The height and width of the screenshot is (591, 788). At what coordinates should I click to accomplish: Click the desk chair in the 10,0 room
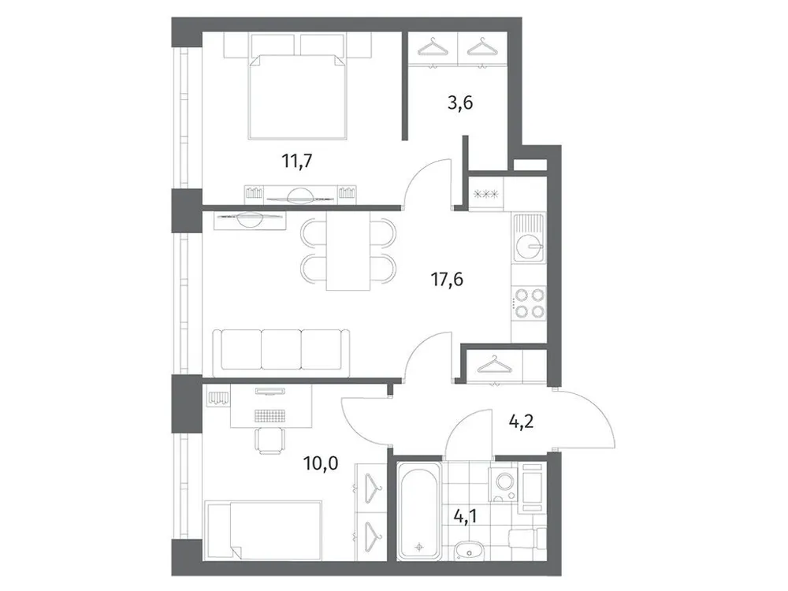point(270,442)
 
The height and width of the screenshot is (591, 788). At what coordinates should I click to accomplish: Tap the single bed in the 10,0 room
point(263,529)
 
